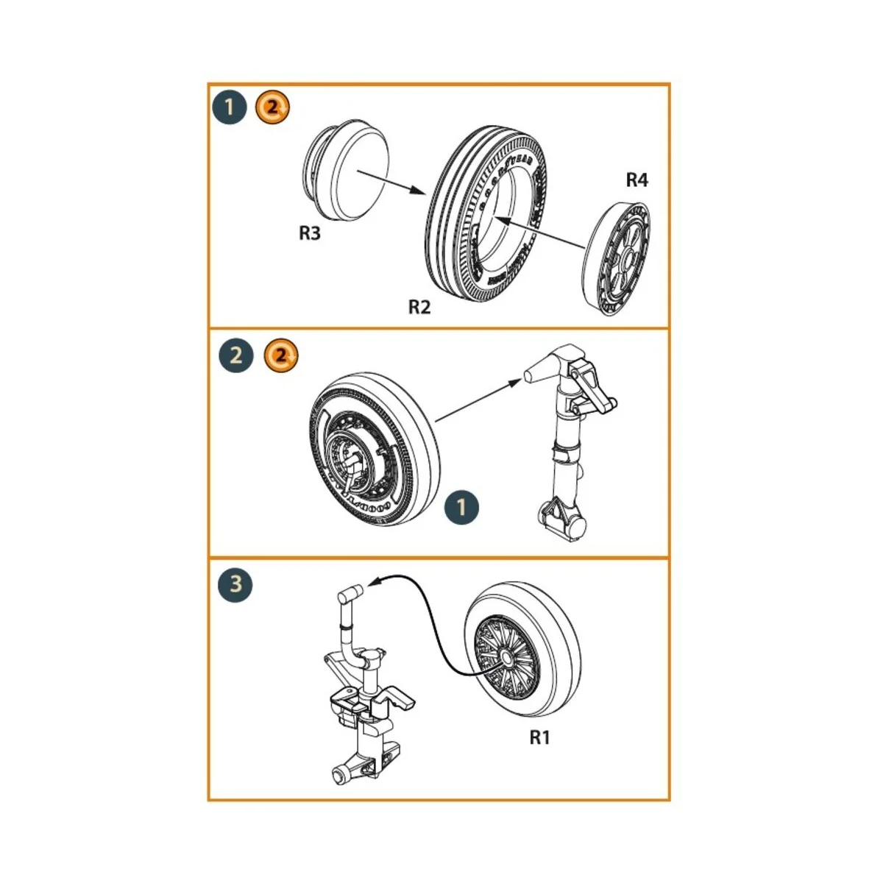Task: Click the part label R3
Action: tap(310, 233)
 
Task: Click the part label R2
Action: tap(419, 307)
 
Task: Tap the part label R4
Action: tap(636, 180)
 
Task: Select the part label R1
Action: tap(539, 737)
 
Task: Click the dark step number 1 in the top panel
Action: tap(230, 107)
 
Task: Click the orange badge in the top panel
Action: tap(272, 107)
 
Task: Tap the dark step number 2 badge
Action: tap(236, 355)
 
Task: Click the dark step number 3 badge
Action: tap(235, 585)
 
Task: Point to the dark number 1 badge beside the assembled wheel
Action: tap(461, 508)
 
